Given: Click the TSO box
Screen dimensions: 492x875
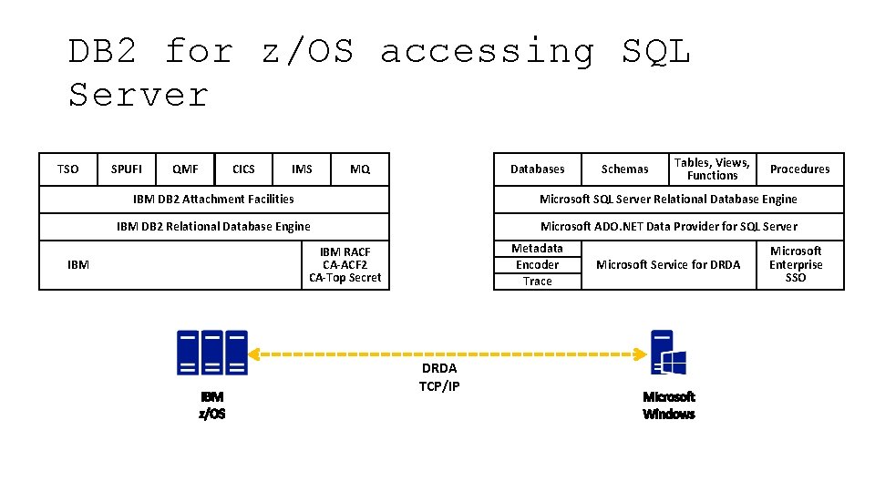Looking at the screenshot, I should click(x=68, y=169).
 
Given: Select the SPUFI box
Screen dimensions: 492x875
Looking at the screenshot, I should click(x=127, y=169).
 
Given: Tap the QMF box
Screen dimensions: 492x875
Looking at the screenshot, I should click(x=185, y=169).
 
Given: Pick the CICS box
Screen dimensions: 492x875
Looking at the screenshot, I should click(x=243, y=169).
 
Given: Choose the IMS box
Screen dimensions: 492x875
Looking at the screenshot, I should click(x=302, y=169).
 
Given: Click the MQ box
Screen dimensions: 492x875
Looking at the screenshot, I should click(x=360, y=169).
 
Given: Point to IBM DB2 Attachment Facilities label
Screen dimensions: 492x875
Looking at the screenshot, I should click(x=213, y=199).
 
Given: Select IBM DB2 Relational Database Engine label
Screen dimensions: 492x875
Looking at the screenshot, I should click(x=213, y=227).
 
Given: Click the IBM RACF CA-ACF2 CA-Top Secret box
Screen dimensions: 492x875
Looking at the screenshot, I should click(x=345, y=265).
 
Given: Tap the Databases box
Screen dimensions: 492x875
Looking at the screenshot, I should click(x=537, y=169).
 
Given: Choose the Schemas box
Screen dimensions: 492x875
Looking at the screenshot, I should click(x=624, y=169).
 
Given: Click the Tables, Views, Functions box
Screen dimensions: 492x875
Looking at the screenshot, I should click(x=712, y=169).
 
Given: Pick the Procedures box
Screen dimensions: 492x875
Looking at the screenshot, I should click(x=799, y=169).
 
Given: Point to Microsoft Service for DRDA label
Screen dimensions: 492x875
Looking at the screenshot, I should click(x=668, y=265).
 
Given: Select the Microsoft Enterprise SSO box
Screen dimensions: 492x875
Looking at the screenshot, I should click(x=796, y=265).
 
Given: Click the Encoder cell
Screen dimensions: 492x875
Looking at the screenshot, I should click(x=537, y=265).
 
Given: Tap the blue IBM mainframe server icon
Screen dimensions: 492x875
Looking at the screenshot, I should click(x=212, y=353).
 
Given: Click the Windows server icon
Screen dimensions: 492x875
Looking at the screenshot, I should click(x=668, y=353).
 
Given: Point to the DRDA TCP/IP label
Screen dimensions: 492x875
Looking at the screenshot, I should click(x=439, y=377).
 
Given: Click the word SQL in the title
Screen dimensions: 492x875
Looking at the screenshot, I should click(x=656, y=52).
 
